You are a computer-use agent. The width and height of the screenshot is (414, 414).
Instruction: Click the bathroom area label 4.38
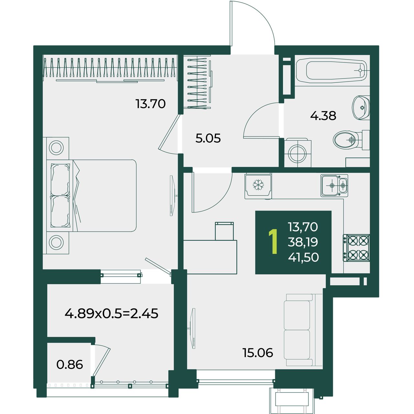click(x=323, y=116)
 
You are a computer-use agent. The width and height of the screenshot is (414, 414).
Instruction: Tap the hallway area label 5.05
click(x=208, y=138)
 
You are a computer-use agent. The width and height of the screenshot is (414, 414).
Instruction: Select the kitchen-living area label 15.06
click(x=257, y=353)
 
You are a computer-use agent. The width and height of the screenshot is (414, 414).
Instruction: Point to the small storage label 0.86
click(x=70, y=365)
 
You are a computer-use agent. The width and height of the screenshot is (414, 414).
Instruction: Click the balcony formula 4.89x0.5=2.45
click(x=111, y=313)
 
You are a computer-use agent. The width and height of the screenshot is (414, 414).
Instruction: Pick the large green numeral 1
click(x=273, y=242)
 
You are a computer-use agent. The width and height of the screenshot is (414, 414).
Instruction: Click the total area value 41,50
click(x=303, y=257)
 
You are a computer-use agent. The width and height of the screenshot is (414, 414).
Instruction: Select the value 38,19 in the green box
click(x=303, y=242)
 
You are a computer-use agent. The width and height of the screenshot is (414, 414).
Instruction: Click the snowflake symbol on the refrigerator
click(x=258, y=185)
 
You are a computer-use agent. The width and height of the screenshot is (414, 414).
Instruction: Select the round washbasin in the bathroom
click(x=361, y=108)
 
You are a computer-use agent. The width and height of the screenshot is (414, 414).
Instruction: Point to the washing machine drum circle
click(x=297, y=154)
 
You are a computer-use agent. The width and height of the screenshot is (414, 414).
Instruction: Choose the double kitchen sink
click(x=334, y=185)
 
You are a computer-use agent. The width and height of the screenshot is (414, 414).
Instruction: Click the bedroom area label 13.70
click(x=150, y=104)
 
